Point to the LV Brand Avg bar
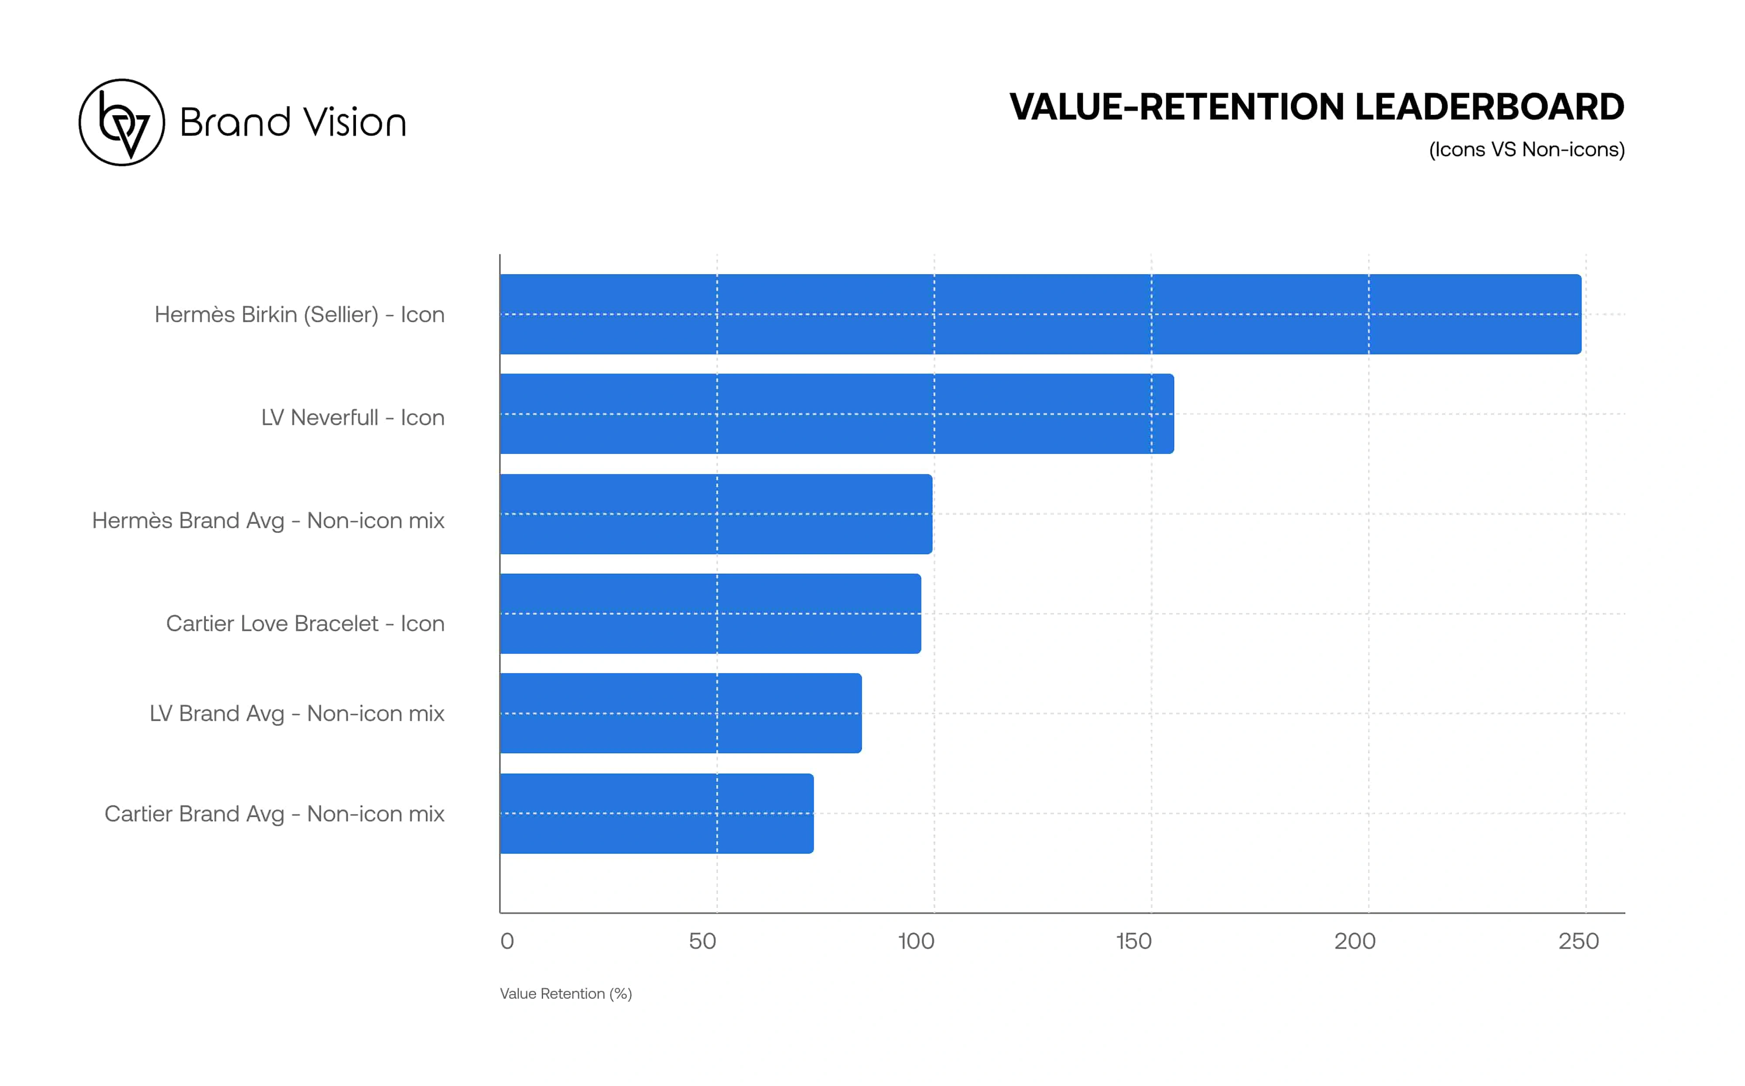(x=681, y=713)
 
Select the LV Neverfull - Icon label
(x=352, y=417)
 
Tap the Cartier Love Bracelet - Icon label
(x=305, y=623)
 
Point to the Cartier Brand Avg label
(x=274, y=814)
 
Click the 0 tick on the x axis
(x=507, y=941)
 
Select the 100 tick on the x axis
(x=916, y=941)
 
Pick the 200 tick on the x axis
(x=1355, y=941)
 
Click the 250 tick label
(x=1578, y=941)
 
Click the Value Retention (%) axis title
(x=566, y=993)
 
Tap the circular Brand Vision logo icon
(x=122, y=122)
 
